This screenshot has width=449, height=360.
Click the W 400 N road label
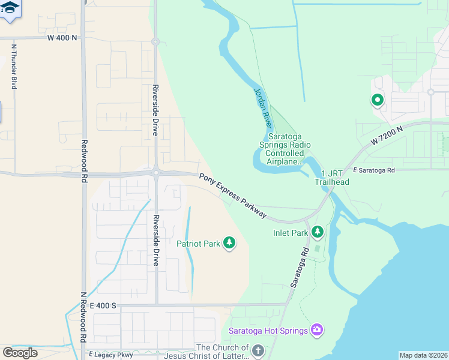click(x=62, y=37)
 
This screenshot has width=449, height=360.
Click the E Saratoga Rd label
click(x=374, y=170)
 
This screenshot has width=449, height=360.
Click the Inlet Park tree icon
click(x=317, y=231)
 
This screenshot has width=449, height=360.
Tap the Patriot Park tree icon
click(x=229, y=243)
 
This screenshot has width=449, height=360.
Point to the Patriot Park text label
click(x=198, y=244)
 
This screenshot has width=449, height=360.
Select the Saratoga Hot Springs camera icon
click(x=317, y=330)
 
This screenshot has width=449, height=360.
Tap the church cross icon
click(x=258, y=350)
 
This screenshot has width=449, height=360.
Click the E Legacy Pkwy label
click(x=110, y=355)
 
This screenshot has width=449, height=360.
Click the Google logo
click(x=20, y=353)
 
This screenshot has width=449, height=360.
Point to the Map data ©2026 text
click(x=423, y=355)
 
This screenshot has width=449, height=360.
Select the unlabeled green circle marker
click(x=377, y=100)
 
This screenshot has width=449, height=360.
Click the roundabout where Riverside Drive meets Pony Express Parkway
click(x=155, y=173)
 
